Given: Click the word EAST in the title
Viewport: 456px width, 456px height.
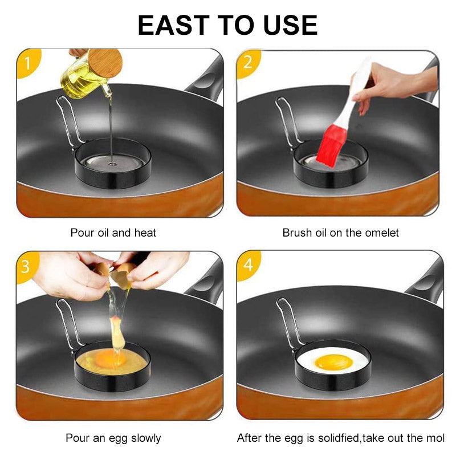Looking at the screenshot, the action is (x=174, y=25).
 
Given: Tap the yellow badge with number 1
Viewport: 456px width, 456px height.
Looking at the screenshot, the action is (x=28, y=63).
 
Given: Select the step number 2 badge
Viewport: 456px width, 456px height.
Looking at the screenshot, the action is (x=248, y=63).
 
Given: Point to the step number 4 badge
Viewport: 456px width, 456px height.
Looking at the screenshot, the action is (x=248, y=266).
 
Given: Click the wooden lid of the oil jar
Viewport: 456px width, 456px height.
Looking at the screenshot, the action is (x=105, y=63).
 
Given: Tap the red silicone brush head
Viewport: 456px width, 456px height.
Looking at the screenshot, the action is (x=331, y=146).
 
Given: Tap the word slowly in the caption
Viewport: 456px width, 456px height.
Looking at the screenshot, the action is (x=146, y=438).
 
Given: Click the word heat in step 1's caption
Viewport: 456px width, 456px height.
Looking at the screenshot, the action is (x=145, y=233).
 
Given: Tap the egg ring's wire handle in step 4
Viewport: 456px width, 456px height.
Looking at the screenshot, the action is (x=288, y=322).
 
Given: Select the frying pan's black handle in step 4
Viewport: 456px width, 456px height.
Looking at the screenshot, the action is (x=425, y=280).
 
